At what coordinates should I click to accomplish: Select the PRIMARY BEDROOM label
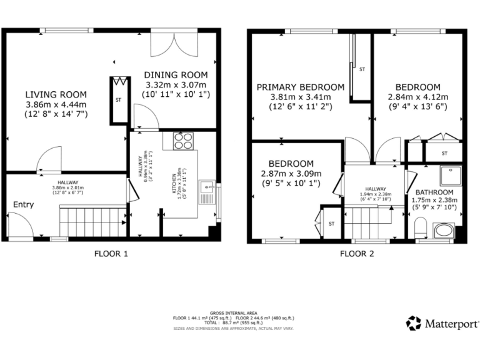pyautogui.click(x=300, y=87)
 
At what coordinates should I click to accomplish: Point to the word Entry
pyautogui.click(x=23, y=204)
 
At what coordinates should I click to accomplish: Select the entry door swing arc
pyautogui.click(x=20, y=224)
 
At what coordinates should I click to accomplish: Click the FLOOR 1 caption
pyautogui.click(x=111, y=254)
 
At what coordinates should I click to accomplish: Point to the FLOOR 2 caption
pyautogui.click(x=357, y=254)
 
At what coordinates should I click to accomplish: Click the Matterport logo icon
pyautogui.click(x=414, y=323)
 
